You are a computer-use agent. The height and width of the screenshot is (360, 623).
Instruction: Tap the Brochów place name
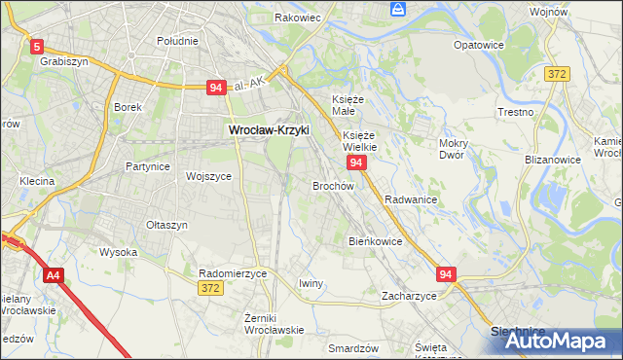tap(333, 185)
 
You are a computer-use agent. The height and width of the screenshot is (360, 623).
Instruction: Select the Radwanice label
tap(410, 198)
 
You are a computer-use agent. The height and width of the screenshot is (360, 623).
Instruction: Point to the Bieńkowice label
tap(376, 240)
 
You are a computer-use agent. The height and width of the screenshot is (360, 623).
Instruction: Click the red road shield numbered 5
tap(37, 46)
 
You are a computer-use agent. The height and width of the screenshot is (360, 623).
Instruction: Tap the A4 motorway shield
tap(54, 276)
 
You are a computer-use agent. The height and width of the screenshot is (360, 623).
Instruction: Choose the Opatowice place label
tap(479, 45)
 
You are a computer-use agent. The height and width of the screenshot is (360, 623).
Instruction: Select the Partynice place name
tap(148, 166)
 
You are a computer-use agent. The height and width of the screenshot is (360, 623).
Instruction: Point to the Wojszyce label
tap(208, 176)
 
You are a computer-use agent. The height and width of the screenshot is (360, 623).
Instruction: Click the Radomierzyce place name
tap(232, 273)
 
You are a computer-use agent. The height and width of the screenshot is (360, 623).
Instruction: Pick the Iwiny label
tap(311, 283)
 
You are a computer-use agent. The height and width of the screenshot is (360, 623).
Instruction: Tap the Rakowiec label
tap(298, 18)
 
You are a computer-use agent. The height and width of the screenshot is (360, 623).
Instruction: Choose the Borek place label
tap(128, 107)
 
